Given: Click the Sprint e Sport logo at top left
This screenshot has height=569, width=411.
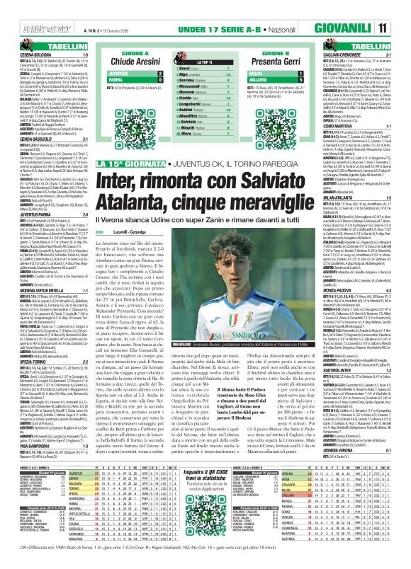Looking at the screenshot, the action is click(x=24, y=8).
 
